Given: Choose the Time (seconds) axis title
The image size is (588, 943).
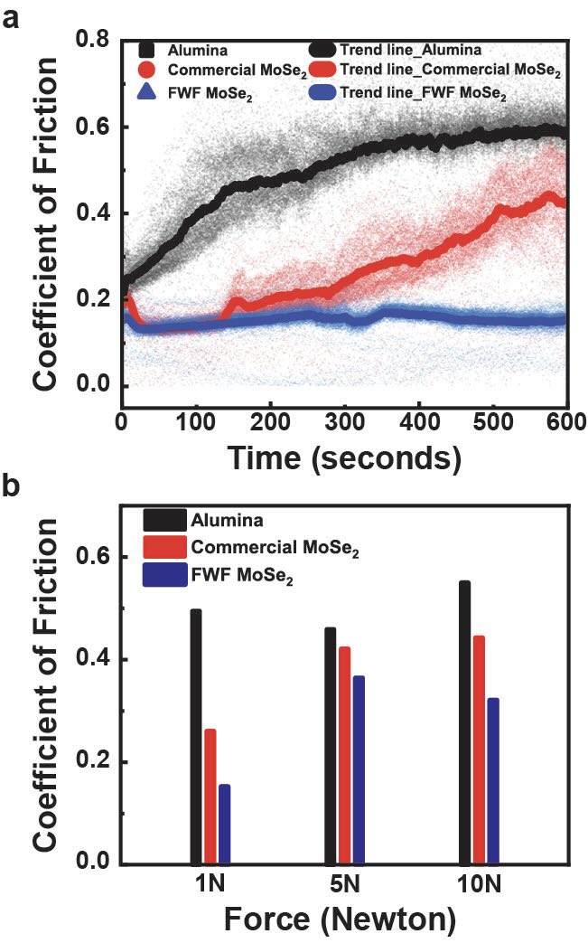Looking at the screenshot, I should click(343, 457).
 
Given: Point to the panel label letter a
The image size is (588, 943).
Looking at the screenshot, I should click(12, 17).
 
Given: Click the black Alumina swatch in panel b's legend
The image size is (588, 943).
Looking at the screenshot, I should click(163, 521).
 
